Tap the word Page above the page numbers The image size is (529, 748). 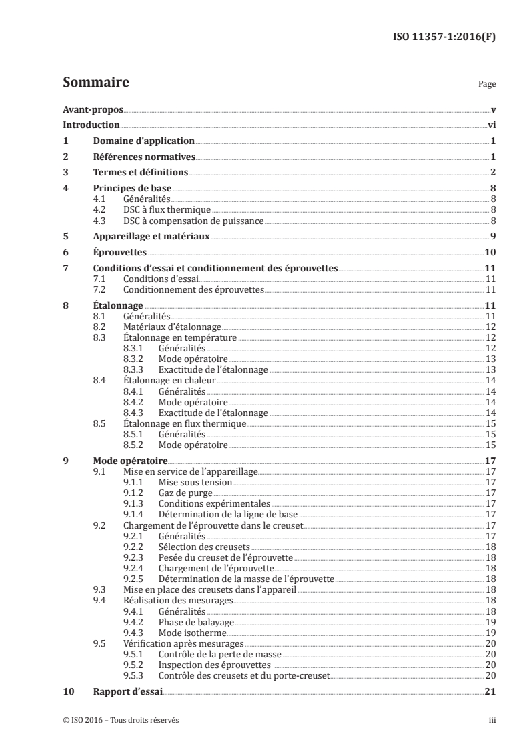[x=487, y=85]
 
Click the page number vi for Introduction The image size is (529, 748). [x=491, y=125]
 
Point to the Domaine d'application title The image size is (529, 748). [x=143, y=141]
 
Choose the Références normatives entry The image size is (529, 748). [x=143, y=157]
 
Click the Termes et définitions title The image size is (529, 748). [x=140, y=173]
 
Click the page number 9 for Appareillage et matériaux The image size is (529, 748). [x=492, y=237]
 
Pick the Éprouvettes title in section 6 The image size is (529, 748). [x=119, y=253]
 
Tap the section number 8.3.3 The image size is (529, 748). [x=135, y=369]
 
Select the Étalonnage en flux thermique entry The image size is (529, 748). [x=185, y=423]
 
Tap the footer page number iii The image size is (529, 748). [x=491, y=720]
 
